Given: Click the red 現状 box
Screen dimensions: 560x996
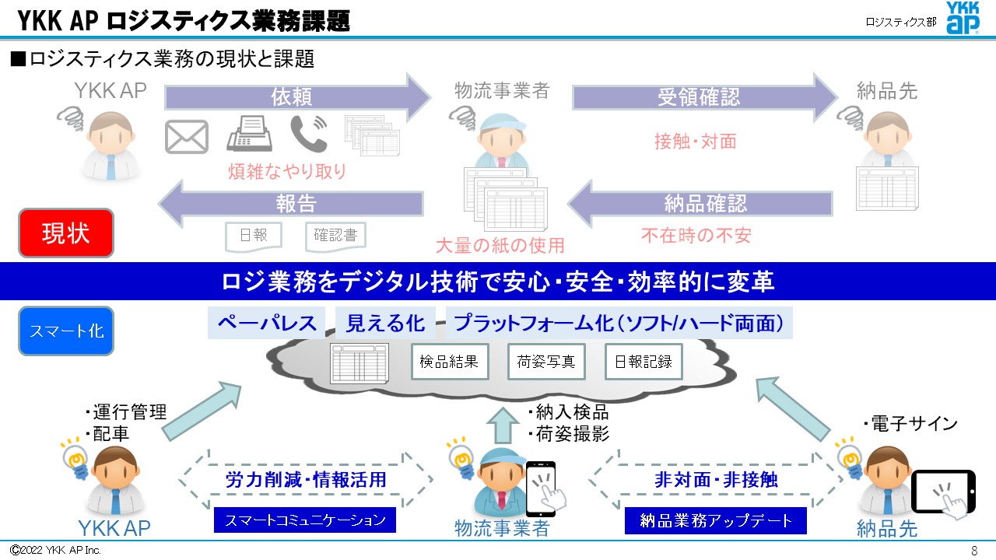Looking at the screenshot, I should pyautogui.click(x=66, y=233).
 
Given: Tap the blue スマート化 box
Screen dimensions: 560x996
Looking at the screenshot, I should pyautogui.click(x=66, y=331).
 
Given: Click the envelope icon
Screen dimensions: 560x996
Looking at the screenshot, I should pyautogui.click(x=187, y=137).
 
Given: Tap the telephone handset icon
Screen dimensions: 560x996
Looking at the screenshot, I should pyautogui.click(x=308, y=134).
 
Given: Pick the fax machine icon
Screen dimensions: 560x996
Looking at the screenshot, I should pyautogui.click(x=249, y=134).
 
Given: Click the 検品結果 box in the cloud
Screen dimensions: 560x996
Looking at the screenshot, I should pyautogui.click(x=450, y=362).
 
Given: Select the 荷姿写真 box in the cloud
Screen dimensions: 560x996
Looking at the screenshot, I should pyautogui.click(x=546, y=362).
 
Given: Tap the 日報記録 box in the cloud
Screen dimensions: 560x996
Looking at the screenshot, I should pyautogui.click(x=644, y=362).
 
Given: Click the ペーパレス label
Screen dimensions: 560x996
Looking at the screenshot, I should pyautogui.click(x=267, y=323).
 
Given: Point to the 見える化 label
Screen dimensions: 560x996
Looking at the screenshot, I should pyautogui.click(x=385, y=323).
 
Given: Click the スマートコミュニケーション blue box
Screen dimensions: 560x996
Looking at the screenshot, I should pyautogui.click(x=305, y=520).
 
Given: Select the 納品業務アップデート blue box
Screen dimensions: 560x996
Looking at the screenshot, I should pyautogui.click(x=715, y=520).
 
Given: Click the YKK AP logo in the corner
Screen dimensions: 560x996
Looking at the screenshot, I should pyautogui.click(x=963, y=18).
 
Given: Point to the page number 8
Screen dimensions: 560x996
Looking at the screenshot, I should pyautogui.click(x=974, y=551).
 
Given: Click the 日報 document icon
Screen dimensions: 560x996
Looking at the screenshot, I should pyautogui.click(x=253, y=236).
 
